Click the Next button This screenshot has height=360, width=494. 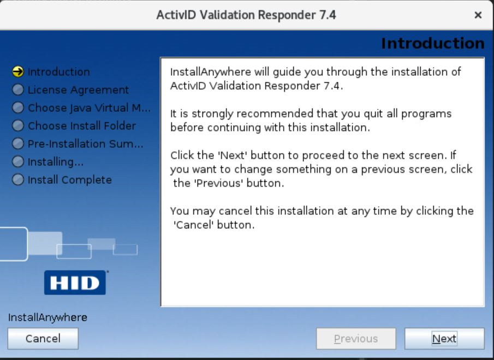point(444,339)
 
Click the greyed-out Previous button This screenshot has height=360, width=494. point(356,339)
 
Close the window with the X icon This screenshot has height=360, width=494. point(478,15)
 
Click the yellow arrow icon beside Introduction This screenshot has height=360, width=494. point(18,71)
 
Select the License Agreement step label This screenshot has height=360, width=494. point(78,89)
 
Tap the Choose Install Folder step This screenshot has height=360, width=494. point(82,125)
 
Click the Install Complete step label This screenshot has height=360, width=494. point(70,179)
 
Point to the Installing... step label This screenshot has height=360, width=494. point(56,162)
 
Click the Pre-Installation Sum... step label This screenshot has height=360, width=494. point(85,144)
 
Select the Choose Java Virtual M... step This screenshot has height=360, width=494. point(89,107)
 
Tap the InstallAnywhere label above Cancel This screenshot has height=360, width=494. point(47,317)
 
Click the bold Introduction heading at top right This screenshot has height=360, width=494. point(432,44)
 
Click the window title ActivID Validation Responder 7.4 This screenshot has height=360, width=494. point(246,15)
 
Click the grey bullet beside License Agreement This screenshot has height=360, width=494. point(18,89)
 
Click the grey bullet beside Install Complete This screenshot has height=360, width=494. point(18,179)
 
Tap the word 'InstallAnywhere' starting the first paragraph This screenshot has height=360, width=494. point(211,72)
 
